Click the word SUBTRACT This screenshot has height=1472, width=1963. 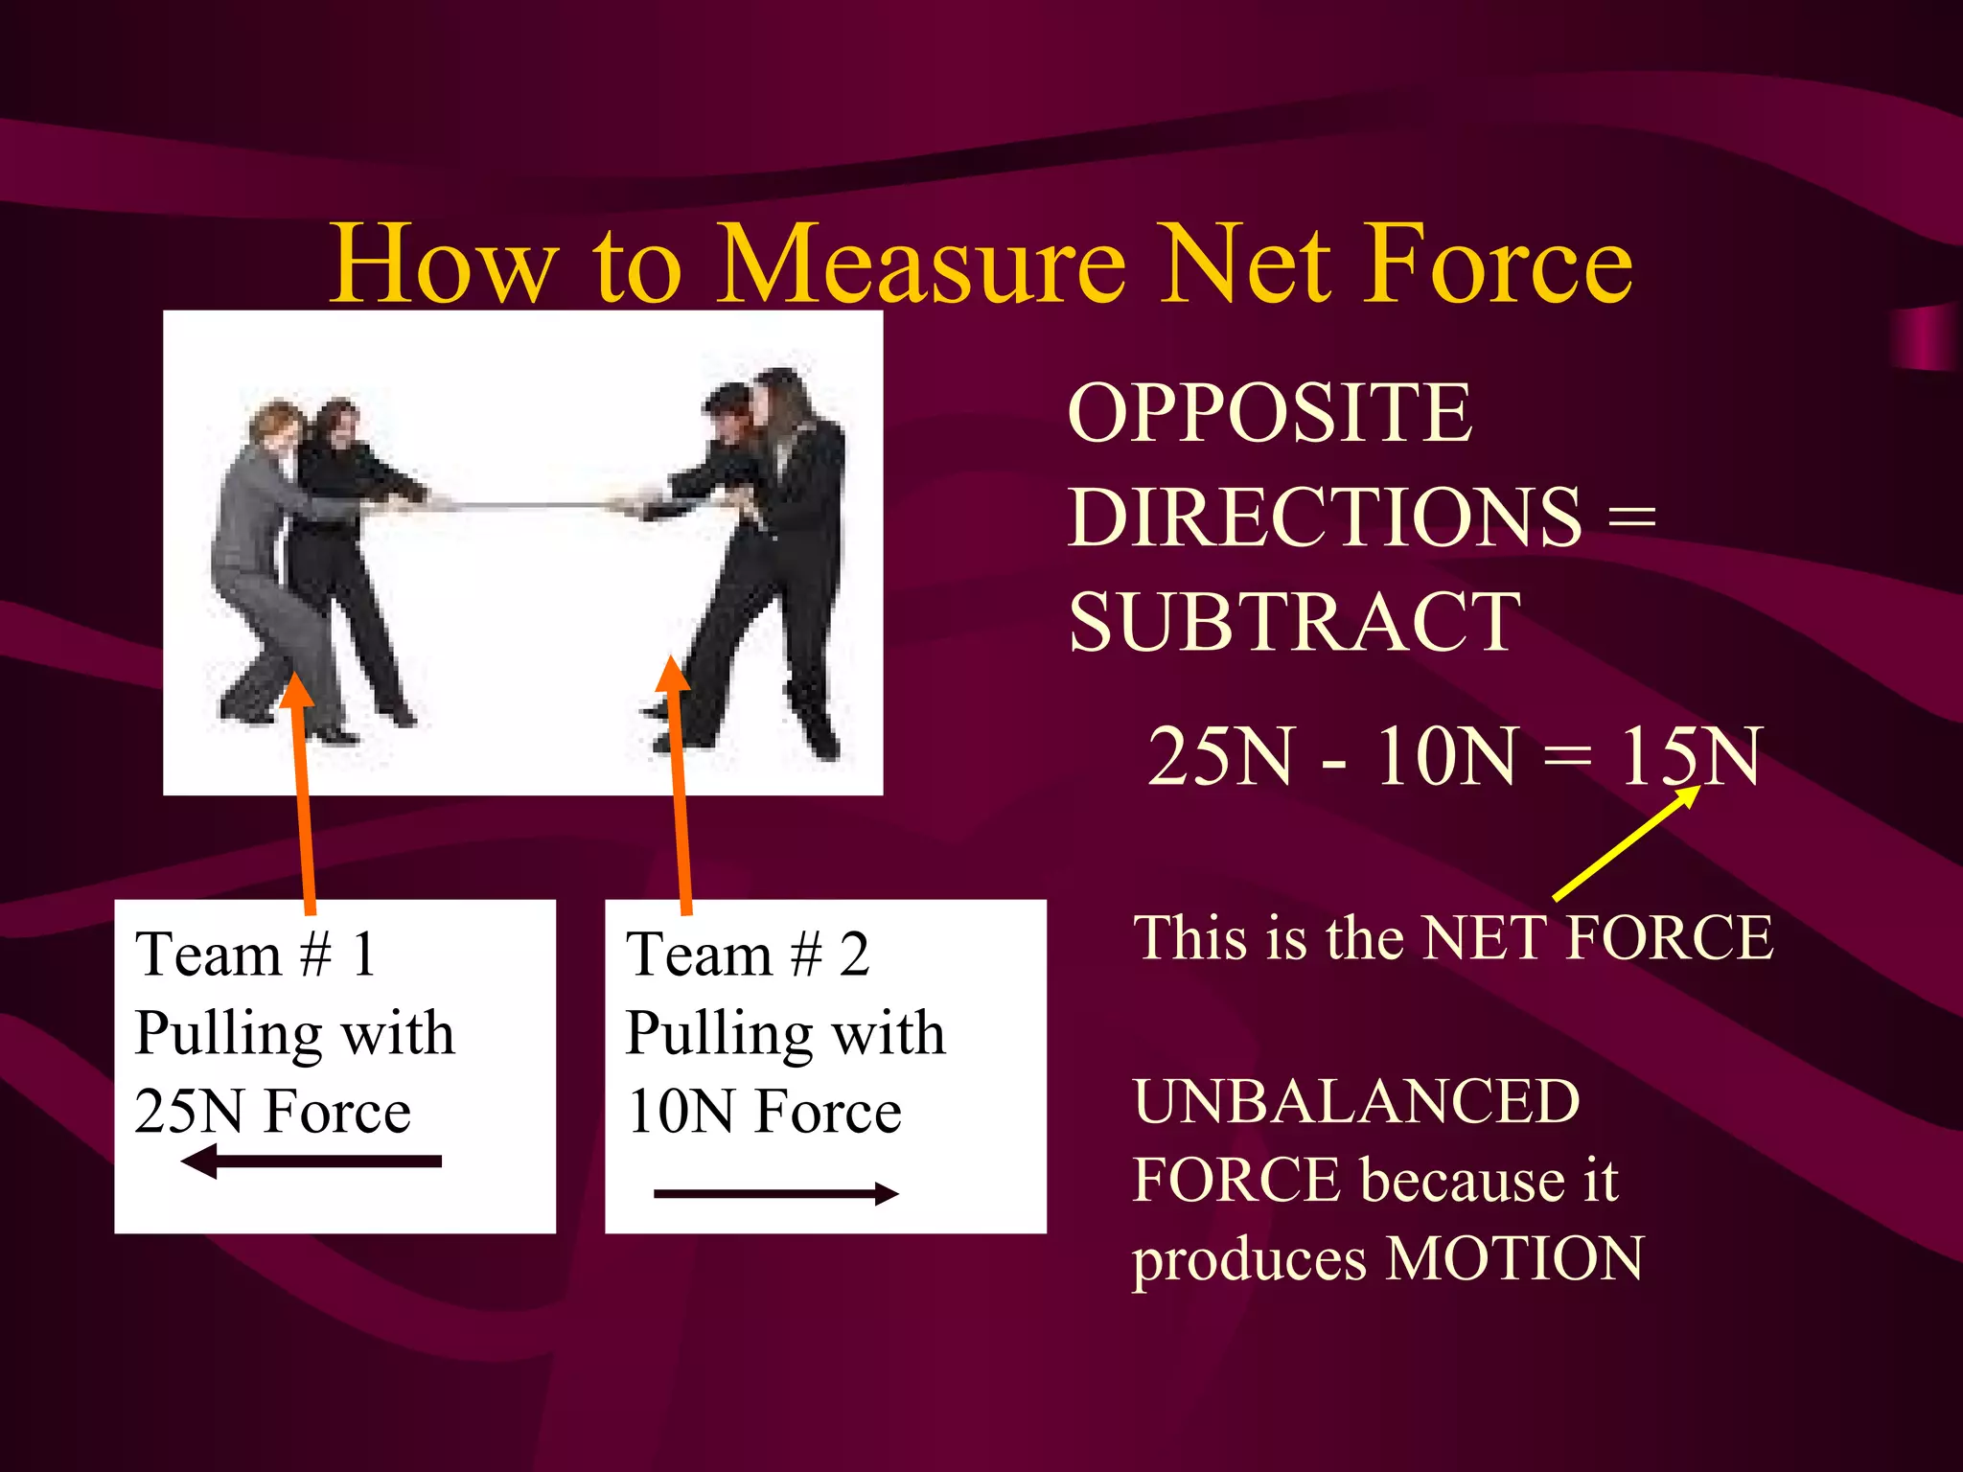[1294, 622]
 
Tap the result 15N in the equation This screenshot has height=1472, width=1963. [1689, 756]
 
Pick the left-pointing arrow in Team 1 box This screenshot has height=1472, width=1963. [312, 1161]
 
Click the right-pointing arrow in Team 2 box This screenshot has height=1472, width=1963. [776, 1193]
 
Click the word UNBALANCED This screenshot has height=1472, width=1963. [1356, 1101]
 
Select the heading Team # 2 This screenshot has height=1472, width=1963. [748, 954]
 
